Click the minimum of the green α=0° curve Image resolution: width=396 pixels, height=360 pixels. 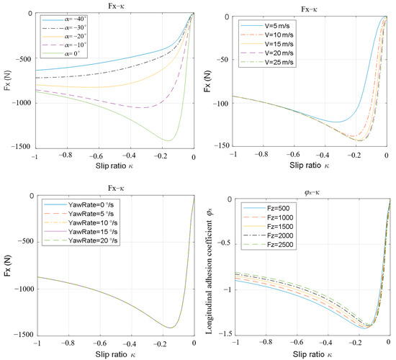click(168, 140)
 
